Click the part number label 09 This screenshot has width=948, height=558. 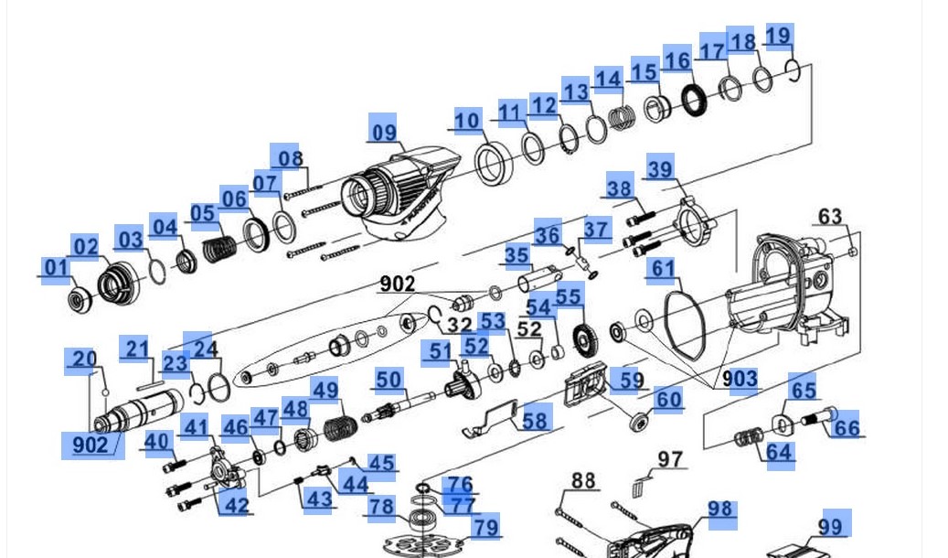[384, 131]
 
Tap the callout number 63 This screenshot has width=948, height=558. [830, 217]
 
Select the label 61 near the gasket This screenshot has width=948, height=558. [662, 269]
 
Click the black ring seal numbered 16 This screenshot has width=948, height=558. [694, 99]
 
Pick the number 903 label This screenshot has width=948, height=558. [739, 379]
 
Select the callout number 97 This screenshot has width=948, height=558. [671, 458]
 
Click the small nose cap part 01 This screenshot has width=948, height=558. [77, 298]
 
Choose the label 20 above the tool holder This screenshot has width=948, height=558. [84, 359]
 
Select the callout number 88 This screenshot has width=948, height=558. [583, 480]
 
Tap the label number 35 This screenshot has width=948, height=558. [517, 255]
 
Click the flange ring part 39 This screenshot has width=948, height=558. [693, 225]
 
